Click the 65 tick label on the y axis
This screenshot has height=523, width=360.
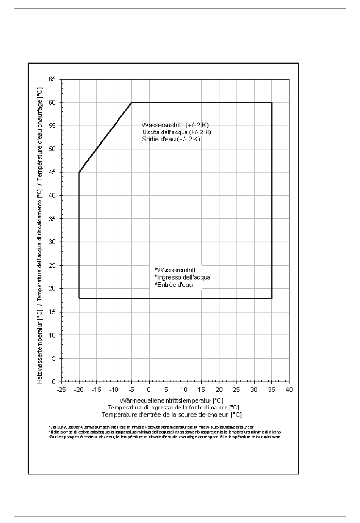52,79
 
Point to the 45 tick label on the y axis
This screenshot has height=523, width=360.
52,173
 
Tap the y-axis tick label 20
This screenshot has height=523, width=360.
52,289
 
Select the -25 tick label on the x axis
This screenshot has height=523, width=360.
61,390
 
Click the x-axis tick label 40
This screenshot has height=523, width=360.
289,390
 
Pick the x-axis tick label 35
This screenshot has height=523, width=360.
272,390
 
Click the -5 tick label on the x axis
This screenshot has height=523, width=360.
131,390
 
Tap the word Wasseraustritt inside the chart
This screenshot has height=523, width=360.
159,125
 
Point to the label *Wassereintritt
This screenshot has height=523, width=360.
175,270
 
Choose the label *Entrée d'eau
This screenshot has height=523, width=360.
174,285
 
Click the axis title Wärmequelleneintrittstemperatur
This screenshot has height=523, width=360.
172,400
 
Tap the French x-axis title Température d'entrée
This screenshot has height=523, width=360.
172,415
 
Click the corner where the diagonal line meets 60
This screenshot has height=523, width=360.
131,102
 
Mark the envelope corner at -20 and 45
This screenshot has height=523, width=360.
79,172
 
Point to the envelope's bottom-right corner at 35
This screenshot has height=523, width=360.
272,298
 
